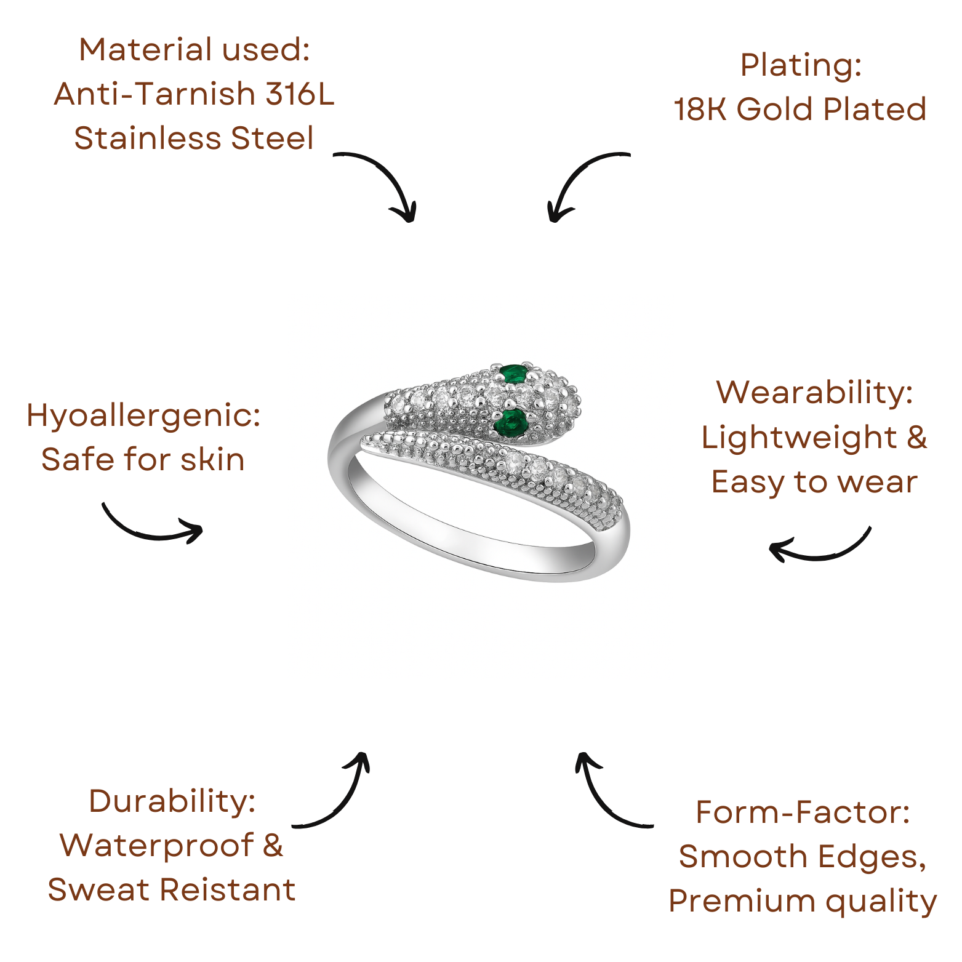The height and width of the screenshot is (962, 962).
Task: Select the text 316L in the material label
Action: coord(300,94)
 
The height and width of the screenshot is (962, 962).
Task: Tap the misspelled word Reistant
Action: coord(228,890)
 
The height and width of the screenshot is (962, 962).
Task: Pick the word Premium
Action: coord(742,902)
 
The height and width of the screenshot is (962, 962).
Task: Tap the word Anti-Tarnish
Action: coord(155,94)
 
